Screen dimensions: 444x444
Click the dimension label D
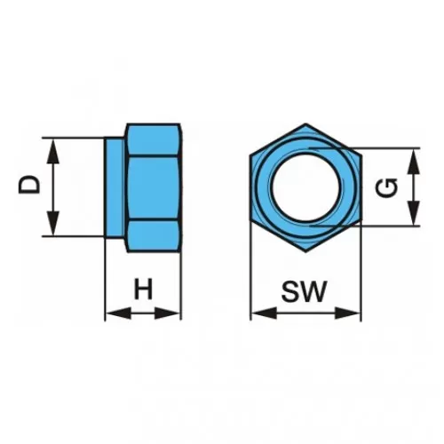pyautogui.click(x=29, y=185)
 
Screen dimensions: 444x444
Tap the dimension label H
pyautogui.click(x=143, y=289)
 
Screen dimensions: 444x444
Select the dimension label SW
pyautogui.click(x=304, y=291)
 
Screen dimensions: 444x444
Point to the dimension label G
pyautogui.click(x=386, y=188)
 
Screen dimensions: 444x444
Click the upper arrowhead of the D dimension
pyautogui.click(x=53, y=152)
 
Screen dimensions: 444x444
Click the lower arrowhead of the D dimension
pyautogui.click(x=53, y=224)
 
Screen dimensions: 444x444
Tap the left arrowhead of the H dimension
pyautogui.click(x=118, y=313)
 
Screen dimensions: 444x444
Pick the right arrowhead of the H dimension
pyautogui.click(x=167, y=313)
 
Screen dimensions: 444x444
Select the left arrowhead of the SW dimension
pyautogui.click(x=264, y=313)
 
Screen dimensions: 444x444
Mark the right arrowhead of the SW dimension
pyautogui.click(x=347, y=313)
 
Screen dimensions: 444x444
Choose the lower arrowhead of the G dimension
pyautogui.click(x=414, y=213)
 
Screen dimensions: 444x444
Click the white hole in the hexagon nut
pyautogui.click(x=305, y=188)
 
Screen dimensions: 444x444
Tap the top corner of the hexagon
pyautogui.click(x=305, y=123)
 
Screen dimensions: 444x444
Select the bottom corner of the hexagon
pyautogui.click(x=305, y=252)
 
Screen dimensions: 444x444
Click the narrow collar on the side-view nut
pyautogui.click(x=115, y=187)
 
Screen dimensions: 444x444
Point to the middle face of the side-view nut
pyautogui.click(x=153, y=188)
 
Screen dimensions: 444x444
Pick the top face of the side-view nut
pyautogui.click(x=153, y=139)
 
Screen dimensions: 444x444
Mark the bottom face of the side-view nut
pyautogui.click(x=153, y=236)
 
